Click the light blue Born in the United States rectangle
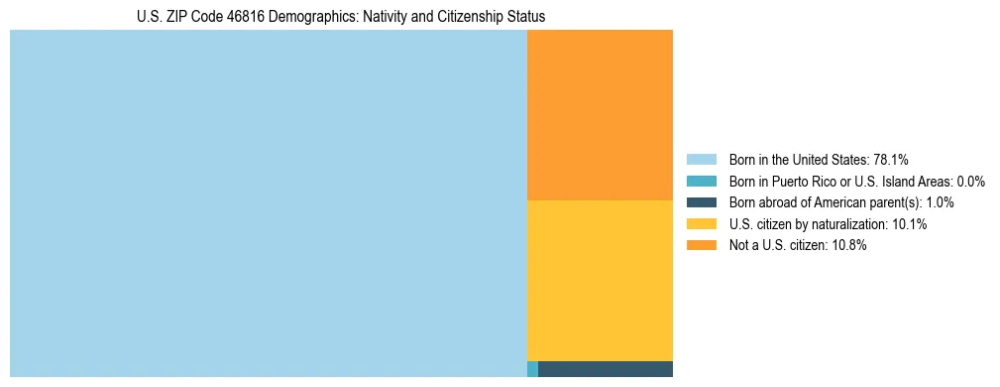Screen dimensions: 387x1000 click(268, 203)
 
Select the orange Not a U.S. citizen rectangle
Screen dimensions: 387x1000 click(600, 115)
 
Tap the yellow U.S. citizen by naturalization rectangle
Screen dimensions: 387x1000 click(600, 281)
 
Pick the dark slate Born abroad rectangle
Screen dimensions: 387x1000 click(605, 369)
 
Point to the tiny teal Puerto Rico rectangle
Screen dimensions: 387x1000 click(532, 369)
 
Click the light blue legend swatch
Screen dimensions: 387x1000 click(701, 160)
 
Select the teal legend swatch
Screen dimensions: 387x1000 click(701, 182)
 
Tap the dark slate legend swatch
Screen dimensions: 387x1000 click(701, 202)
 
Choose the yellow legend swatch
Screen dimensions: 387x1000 click(701, 224)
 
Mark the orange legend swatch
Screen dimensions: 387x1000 click(701, 245)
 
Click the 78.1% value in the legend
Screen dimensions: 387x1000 click(891, 160)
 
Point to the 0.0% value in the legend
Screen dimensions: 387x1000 click(970, 182)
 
